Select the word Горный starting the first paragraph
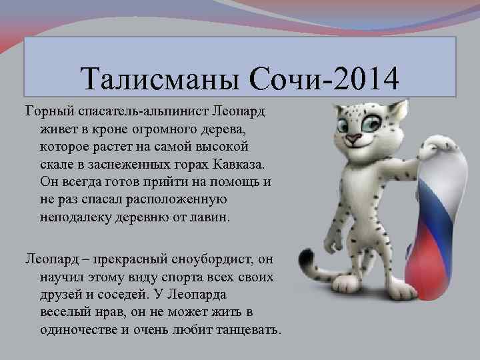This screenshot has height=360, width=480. pos(47,109)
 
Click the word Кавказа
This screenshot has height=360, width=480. pos(238,164)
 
